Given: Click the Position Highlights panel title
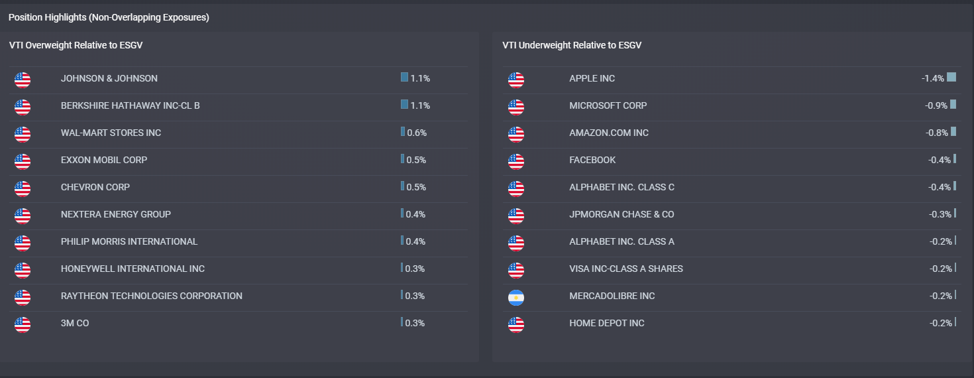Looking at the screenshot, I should [109, 17].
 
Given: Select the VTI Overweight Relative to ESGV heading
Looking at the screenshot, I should [76, 45].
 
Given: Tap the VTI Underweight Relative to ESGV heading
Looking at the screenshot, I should [572, 45].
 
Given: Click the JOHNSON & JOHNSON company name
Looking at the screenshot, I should [109, 78].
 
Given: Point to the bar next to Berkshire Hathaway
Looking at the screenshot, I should [404, 104].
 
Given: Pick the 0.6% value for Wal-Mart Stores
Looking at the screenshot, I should [417, 133].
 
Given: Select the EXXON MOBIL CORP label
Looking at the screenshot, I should [104, 160].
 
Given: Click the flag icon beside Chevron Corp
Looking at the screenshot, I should [23, 188].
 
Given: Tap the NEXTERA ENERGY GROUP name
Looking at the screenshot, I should [116, 214].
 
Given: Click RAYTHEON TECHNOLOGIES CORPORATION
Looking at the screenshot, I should [152, 296].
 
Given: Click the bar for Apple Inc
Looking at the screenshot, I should [951, 77].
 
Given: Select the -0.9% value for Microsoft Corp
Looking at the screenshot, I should [936, 105].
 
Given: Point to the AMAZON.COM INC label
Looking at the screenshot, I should [609, 133].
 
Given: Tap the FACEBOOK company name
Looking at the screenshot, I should [592, 160].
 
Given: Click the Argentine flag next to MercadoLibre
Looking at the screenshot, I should [516, 298].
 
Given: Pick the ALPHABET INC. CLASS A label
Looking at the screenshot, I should [622, 241].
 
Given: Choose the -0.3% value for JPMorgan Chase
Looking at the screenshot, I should [940, 214].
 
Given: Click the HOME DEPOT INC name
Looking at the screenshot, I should [607, 323].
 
